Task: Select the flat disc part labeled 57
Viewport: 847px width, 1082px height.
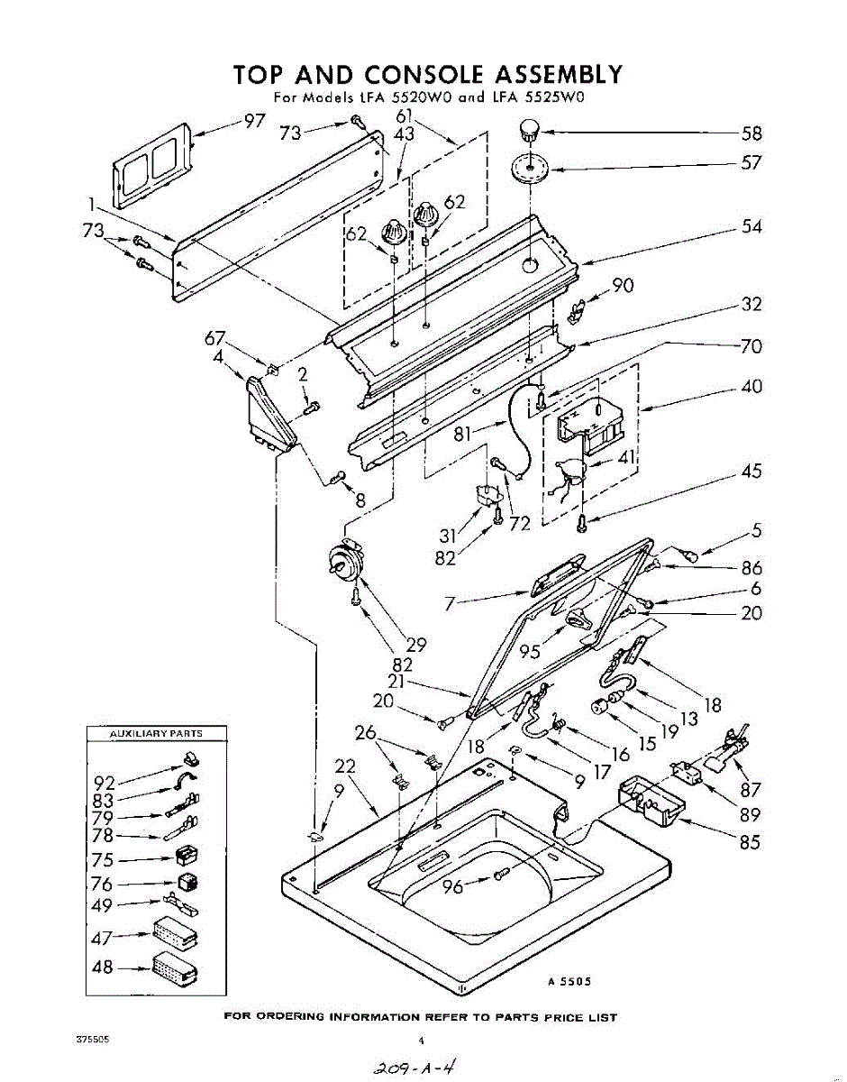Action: pos(530,168)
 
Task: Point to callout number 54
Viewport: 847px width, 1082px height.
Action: pos(751,227)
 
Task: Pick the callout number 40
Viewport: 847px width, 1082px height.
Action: pos(751,387)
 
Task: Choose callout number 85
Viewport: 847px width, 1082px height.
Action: pos(749,843)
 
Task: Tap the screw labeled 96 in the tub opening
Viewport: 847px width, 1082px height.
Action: pos(501,873)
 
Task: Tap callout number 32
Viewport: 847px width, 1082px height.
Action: pos(751,305)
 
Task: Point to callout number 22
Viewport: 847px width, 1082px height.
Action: pos(344,766)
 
